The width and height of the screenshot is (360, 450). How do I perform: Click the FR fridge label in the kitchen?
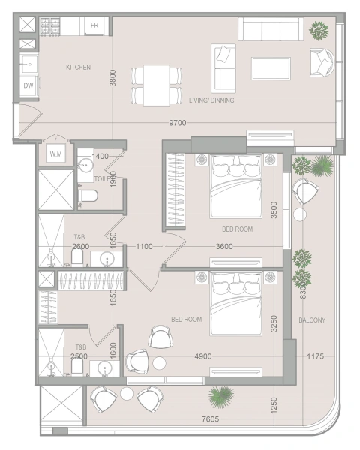pos(95,25)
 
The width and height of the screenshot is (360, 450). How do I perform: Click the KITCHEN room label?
pos(78,67)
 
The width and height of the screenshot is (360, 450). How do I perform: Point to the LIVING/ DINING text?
pos(211,100)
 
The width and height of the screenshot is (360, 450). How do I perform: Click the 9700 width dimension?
pos(177,123)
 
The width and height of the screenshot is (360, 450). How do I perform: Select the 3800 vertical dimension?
pos(112,78)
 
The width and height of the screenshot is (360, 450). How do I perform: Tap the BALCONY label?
pos(311,319)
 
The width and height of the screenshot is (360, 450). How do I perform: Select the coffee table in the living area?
pos(271,68)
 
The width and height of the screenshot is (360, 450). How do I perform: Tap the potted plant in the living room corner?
pos(319,31)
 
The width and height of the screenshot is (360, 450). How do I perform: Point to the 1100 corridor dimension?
pos(145,246)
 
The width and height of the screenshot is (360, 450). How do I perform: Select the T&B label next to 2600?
pos(79,235)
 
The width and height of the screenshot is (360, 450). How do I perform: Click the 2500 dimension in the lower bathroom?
pos(79,357)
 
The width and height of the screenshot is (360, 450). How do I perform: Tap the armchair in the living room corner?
pos(324,61)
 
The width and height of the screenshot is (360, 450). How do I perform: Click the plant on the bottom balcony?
pos(221,394)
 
